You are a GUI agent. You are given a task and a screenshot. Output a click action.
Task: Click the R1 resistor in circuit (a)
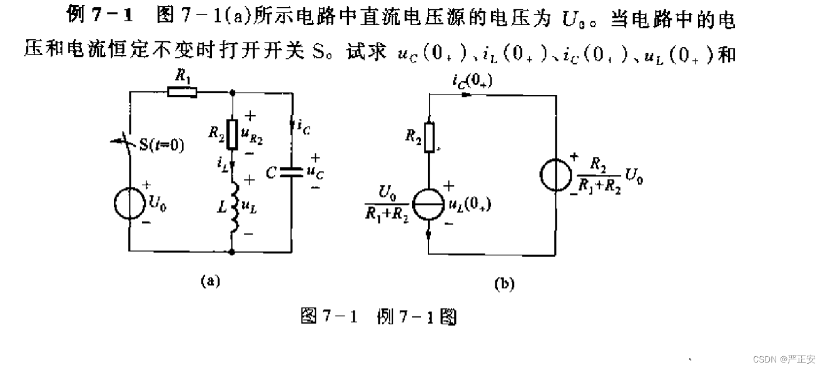coord(183,92)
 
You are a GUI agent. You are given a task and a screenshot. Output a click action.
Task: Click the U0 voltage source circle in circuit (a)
coord(129,202)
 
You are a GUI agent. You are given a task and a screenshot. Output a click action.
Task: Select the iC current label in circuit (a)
coord(302,126)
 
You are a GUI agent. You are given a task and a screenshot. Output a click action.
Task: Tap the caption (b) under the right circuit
coord(504,284)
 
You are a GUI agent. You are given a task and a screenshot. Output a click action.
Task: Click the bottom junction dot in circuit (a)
coord(232,252)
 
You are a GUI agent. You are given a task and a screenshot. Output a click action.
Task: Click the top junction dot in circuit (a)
coord(232,92)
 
